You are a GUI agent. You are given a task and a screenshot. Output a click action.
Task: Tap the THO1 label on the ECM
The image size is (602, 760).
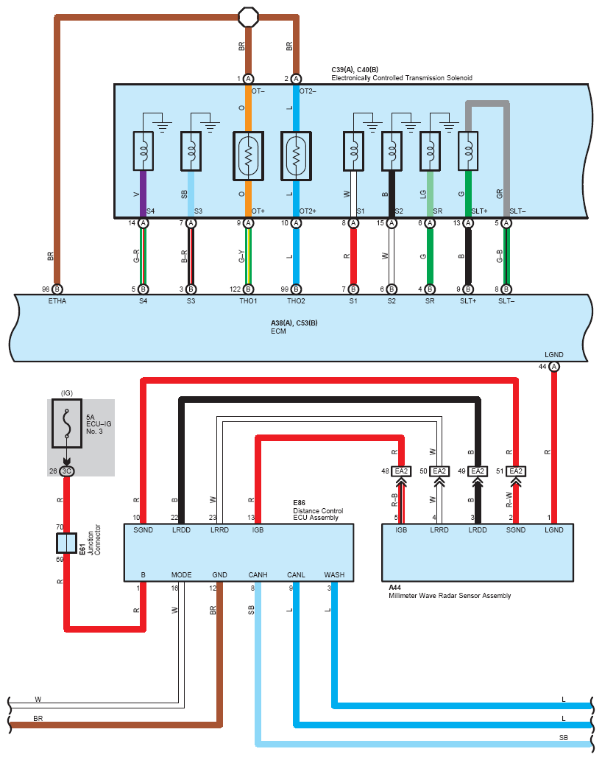pyautogui.click(x=248, y=301)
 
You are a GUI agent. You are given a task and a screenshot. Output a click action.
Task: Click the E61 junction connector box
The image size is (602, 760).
pyautogui.click(x=67, y=543)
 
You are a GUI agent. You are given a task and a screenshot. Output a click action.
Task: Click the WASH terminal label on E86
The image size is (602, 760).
pyautogui.click(x=334, y=574)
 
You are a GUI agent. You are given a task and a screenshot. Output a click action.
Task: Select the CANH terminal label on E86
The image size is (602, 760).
pyautogui.click(x=258, y=574)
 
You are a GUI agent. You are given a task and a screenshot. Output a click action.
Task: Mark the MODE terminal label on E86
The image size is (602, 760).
pyautogui.click(x=181, y=574)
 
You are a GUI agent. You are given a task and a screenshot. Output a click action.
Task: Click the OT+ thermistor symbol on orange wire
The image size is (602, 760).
pyautogui.click(x=248, y=156)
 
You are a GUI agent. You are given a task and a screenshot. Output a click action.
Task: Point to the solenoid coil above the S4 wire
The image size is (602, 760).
pyautogui.click(x=143, y=150)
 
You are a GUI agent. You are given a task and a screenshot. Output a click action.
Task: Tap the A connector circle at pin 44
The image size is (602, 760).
pyautogui.click(x=553, y=367)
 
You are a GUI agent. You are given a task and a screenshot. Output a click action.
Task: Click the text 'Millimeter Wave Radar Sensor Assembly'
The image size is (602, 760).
pyautogui.click(x=449, y=596)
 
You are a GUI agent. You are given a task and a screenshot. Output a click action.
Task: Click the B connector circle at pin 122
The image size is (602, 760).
pyautogui.click(x=248, y=289)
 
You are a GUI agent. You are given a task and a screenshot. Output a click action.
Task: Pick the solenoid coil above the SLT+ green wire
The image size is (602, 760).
pyautogui.click(x=467, y=150)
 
